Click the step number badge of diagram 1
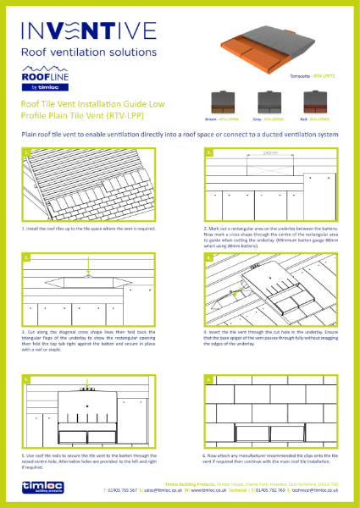28,153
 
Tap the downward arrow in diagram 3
89,275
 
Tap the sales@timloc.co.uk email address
151,490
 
